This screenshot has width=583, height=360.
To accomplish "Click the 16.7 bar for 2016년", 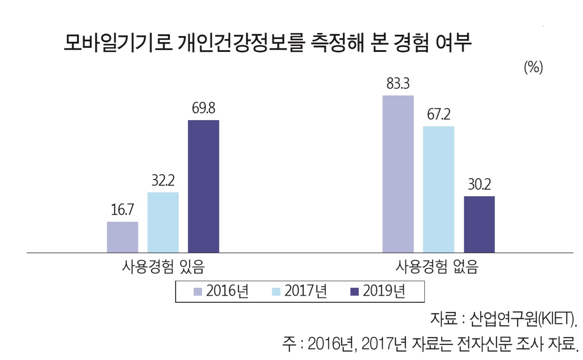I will tap(122, 237).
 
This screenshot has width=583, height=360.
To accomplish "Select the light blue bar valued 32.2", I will tap(163, 222).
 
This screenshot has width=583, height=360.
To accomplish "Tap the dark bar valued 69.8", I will tap(203, 186).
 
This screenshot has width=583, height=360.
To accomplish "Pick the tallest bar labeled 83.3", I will tap(398, 174).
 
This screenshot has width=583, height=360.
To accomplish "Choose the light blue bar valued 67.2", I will tap(439, 189).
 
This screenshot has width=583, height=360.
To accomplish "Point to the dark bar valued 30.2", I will tap(479, 224).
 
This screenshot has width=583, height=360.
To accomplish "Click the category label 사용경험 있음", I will tap(163, 267).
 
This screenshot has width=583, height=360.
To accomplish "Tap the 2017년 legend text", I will tap(306, 292).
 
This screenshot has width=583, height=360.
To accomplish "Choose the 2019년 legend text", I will tap(384, 292).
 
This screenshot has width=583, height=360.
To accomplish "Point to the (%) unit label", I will tap(533, 67).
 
